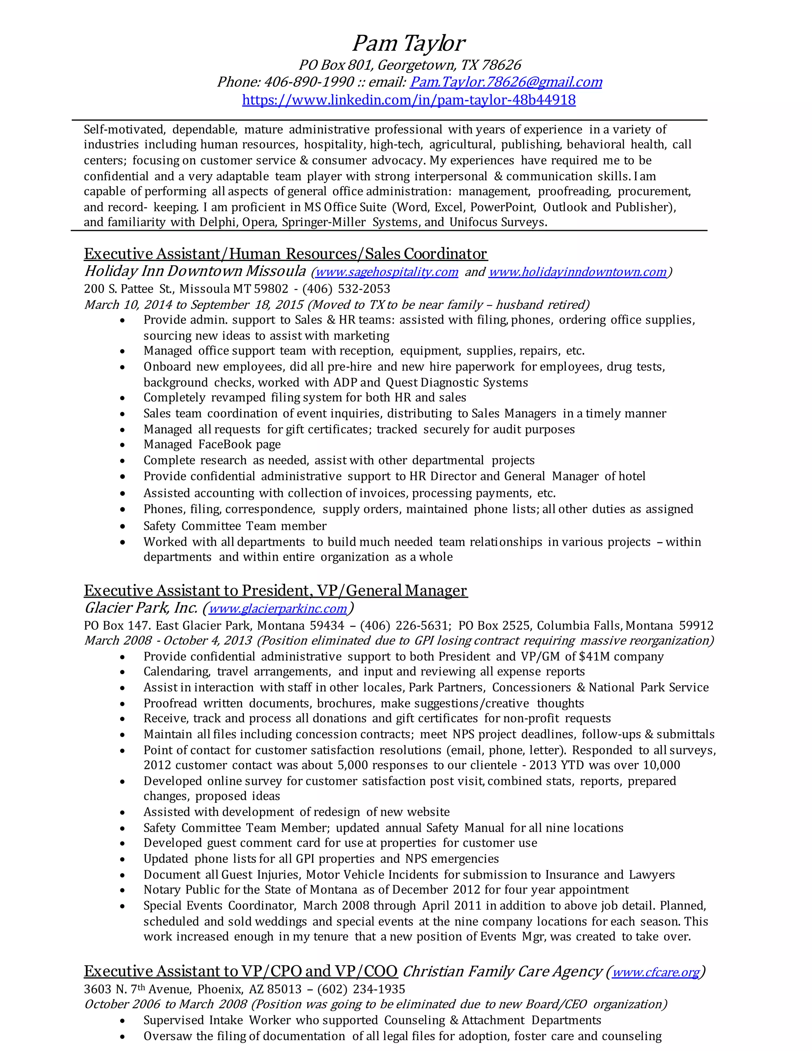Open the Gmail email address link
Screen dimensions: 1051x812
click(505, 82)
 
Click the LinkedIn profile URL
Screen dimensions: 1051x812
click(408, 100)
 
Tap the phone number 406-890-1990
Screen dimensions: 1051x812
click(309, 82)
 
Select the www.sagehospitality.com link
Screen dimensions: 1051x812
click(386, 272)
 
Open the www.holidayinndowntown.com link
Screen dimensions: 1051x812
click(577, 272)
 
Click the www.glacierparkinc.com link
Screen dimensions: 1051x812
click(278, 608)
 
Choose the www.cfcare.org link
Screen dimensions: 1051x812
click(655, 972)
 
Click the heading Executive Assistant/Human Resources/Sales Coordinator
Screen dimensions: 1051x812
click(285, 253)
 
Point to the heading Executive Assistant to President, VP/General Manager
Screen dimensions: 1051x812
click(275, 590)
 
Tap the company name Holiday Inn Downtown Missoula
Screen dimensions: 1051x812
click(195, 271)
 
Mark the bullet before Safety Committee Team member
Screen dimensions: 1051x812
click(123, 526)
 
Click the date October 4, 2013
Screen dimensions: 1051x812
click(208, 641)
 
